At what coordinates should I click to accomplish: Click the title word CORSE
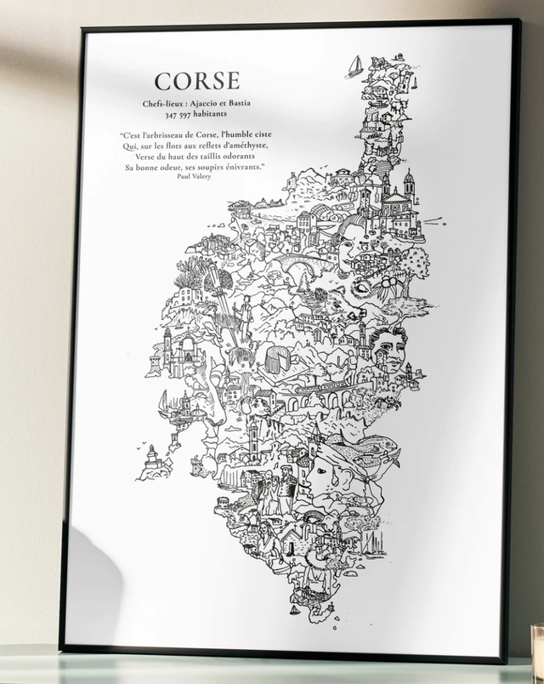[x=197, y=82]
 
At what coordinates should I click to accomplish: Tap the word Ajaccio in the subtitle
[x=204, y=104]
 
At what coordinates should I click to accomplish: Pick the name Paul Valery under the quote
[x=195, y=176]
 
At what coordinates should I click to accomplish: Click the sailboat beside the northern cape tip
[x=354, y=66]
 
